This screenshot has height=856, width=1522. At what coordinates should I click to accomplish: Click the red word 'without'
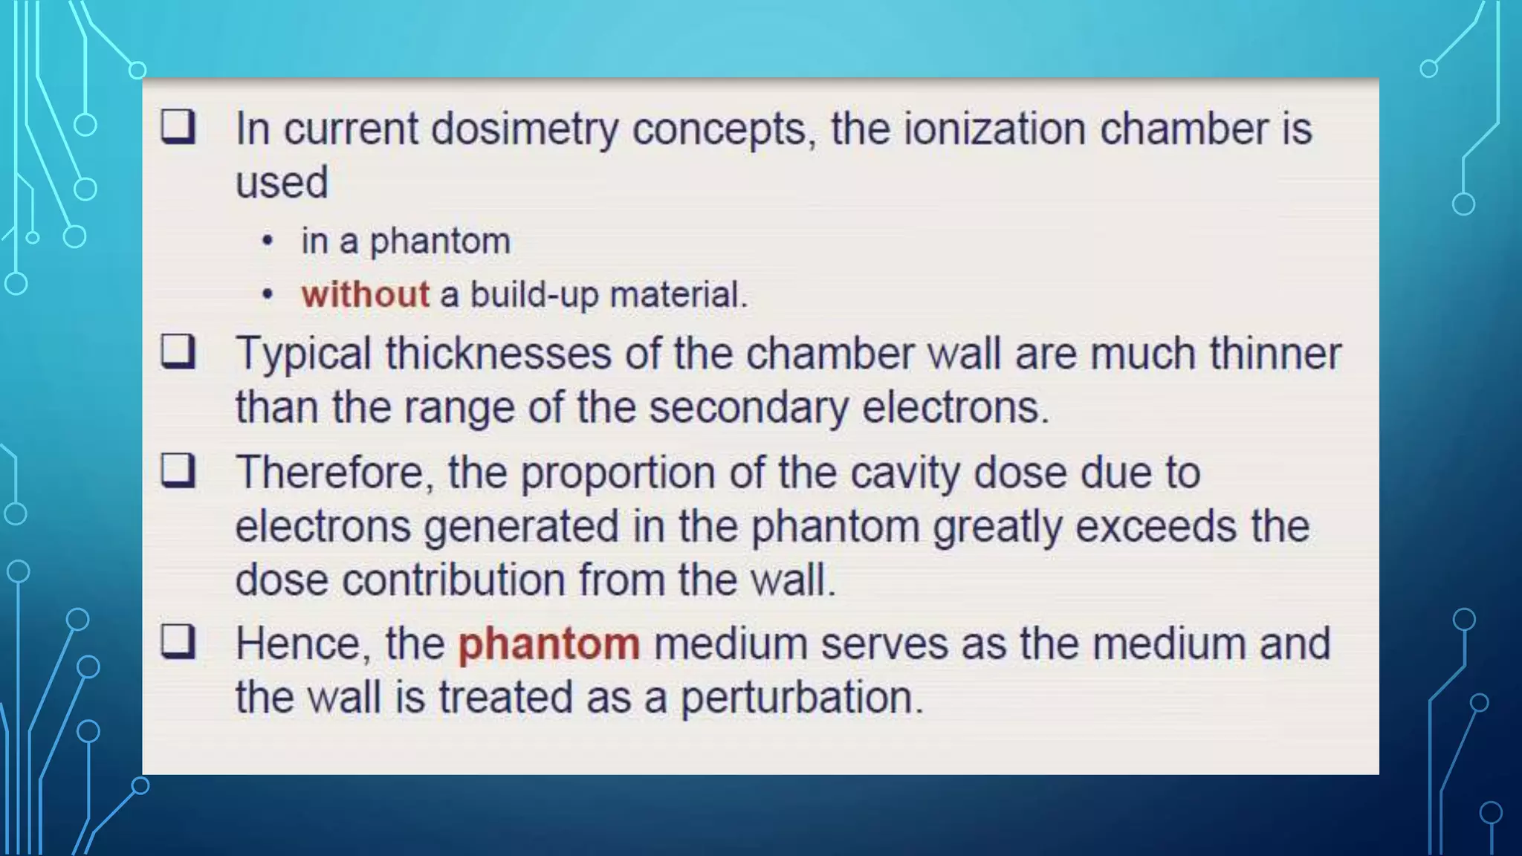(365, 294)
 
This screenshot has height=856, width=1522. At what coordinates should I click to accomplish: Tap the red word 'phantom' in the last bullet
(548, 643)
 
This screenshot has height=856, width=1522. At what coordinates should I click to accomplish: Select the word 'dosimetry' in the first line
(524, 129)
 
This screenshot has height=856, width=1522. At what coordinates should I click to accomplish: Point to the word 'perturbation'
(801, 698)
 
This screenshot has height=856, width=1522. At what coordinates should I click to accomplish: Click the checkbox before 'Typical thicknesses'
(178, 351)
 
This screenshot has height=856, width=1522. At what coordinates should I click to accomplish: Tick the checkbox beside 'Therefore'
(178, 470)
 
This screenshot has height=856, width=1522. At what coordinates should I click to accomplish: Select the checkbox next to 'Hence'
(178, 642)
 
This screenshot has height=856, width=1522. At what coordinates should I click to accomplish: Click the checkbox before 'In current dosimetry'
(178, 127)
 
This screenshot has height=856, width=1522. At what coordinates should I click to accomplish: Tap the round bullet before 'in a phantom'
(268, 241)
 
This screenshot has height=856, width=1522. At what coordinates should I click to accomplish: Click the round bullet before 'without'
(268, 296)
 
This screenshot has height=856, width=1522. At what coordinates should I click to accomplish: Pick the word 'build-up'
(534, 294)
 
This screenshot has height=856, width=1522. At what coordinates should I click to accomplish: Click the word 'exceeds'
(1156, 527)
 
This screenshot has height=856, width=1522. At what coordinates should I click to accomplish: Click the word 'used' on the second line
(282, 183)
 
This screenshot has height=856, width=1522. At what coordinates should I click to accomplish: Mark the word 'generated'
(521, 527)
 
